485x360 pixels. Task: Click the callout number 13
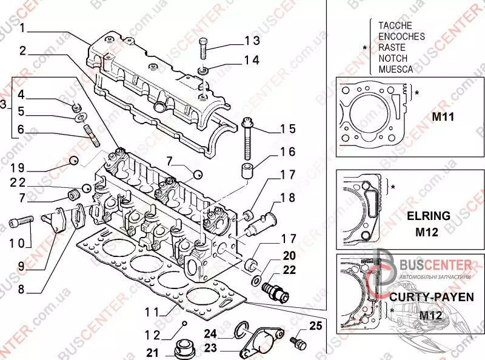coord(252,41)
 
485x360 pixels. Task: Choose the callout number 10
coord(19,242)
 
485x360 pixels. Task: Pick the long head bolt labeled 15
coord(249,140)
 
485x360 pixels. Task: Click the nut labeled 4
coord(77,107)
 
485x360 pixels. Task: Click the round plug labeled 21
coord(183,350)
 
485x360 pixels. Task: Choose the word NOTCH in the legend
coord(393,58)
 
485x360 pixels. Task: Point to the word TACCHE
coord(395,25)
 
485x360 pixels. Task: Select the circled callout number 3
coord(4,105)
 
